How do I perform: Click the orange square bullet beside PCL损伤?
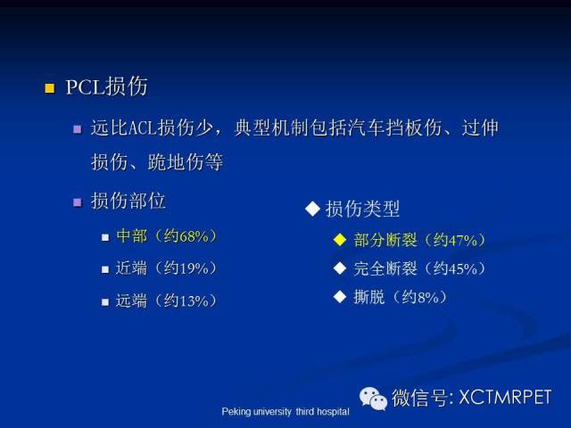click(x=50, y=88)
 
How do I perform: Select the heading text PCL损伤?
click(x=107, y=86)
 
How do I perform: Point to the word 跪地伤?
click(x=176, y=162)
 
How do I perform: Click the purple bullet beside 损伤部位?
click(x=78, y=202)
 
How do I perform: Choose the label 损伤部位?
click(x=128, y=201)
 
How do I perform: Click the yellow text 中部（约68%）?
click(x=167, y=236)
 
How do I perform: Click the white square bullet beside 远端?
click(x=105, y=302)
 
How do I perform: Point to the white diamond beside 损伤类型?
click(x=312, y=209)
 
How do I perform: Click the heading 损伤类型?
click(x=362, y=209)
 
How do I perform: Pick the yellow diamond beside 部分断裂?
click(x=340, y=240)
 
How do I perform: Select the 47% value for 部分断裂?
click(x=462, y=240)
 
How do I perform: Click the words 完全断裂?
click(x=385, y=268)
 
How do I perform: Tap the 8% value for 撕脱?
click(x=428, y=297)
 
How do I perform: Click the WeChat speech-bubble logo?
click(x=373, y=399)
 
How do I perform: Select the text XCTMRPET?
click(x=505, y=397)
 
